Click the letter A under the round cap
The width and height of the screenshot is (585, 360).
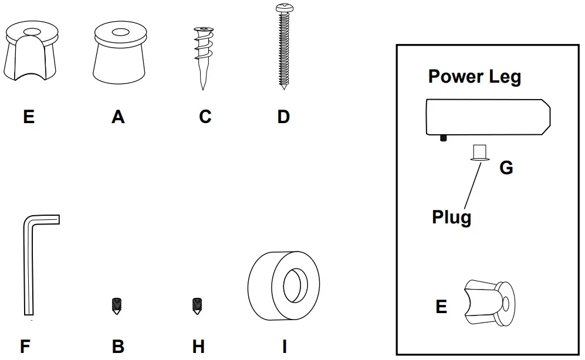click(x=118, y=117)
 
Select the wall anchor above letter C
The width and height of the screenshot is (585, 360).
click(x=202, y=55)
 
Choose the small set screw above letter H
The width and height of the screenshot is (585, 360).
click(x=198, y=306)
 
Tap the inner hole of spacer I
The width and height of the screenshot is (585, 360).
click(x=295, y=286)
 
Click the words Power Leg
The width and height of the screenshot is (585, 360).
click(x=474, y=77)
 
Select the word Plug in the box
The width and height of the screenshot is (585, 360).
click(x=451, y=218)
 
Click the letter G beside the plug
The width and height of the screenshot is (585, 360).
click(x=506, y=168)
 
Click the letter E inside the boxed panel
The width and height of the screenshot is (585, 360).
click(x=441, y=307)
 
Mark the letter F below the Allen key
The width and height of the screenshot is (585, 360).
click(x=25, y=347)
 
